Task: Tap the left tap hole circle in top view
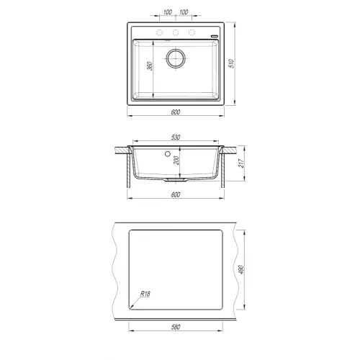pyautogui.click(x=158, y=33)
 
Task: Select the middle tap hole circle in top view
pyautogui.click(x=176, y=33)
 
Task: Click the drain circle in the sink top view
pyautogui.click(x=176, y=59)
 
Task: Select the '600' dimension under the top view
pyautogui.click(x=176, y=111)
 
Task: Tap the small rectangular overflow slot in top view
pyautogui.click(x=214, y=33)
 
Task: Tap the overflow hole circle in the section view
pyautogui.click(x=168, y=154)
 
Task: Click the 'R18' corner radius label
pyautogui.click(x=145, y=294)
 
